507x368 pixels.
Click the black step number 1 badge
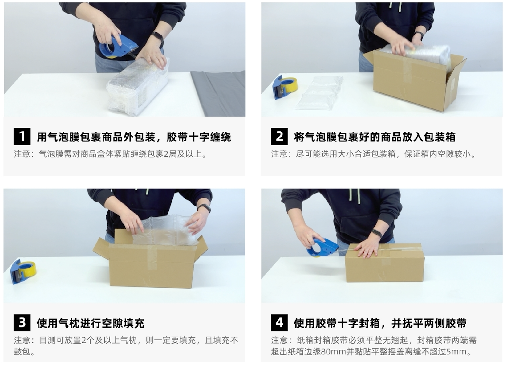(22, 136)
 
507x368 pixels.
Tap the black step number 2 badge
(279, 136)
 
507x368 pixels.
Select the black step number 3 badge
(22, 323)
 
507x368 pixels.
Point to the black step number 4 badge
(279, 323)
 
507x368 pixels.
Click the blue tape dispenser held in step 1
(118, 47)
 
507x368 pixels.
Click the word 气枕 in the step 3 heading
(69, 323)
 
